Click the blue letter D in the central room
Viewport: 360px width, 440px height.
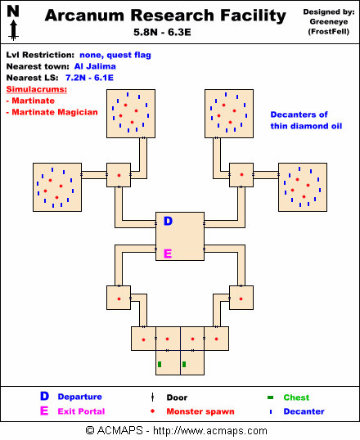pos(168,221)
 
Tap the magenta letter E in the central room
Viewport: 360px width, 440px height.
pos(168,254)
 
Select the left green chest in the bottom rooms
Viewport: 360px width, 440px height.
pos(160,364)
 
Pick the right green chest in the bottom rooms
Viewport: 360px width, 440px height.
pos(184,364)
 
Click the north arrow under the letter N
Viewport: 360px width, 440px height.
pos(13,31)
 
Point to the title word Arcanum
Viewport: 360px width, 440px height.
pos(84,16)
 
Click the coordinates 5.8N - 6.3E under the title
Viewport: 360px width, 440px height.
pos(162,32)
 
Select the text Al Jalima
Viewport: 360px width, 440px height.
pos(95,66)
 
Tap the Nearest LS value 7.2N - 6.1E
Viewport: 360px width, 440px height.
pos(89,78)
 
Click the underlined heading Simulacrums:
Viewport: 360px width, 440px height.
pos(37,89)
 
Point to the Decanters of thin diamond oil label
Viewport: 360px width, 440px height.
pos(306,120)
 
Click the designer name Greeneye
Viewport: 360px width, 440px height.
pos(329,22)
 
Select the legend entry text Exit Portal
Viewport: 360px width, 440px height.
pos(81,411)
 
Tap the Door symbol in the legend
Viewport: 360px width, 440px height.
pos(152,397)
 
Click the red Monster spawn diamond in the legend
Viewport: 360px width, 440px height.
pos(152,411)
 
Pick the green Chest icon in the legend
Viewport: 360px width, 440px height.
pos(270,397)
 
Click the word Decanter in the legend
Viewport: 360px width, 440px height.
pos(304,411)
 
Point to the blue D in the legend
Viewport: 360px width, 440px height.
pos(44,396)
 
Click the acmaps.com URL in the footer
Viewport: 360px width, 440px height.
pos(210,430)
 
